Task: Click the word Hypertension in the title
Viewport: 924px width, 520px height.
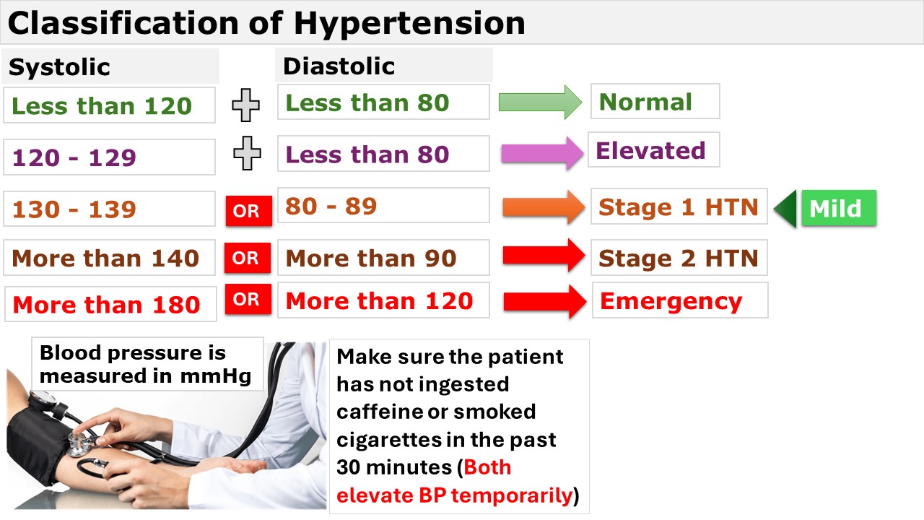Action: (409, 24)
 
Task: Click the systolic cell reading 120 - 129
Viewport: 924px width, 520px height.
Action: (109, 157)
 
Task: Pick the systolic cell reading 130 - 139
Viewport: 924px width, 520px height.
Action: (109, 209)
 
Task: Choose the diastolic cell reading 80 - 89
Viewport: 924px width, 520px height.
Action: (383, 206)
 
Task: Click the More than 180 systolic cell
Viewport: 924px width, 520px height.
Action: (110, 304)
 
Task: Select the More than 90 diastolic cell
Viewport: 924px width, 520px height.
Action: (383, 258)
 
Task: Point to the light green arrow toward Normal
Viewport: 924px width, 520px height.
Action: (541, 103)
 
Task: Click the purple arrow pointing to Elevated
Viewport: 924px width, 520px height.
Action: (542, 154)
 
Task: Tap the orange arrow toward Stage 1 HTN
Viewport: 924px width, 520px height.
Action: (544, 207)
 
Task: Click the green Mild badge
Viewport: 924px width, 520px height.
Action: (839, 208)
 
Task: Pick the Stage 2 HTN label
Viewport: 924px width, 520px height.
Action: (679, 258)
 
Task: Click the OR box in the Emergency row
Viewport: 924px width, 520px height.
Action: (248, 299)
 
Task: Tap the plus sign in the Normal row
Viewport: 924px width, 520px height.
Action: (246, 105)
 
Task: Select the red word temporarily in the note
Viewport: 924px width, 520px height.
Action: (512, 495)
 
